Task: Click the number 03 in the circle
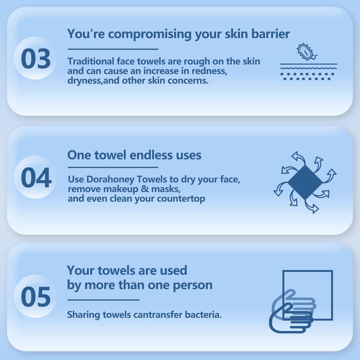point(36,58)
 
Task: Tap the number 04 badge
point(36,177)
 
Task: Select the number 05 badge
point(36,297)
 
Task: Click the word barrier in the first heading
point(270,34)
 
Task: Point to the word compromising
point(150,35)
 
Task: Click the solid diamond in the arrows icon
point(305,183)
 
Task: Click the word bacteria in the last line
point(203,315)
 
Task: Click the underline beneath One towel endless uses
point(113,167)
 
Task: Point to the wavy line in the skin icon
point(309,68)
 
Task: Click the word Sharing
point(84,315)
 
